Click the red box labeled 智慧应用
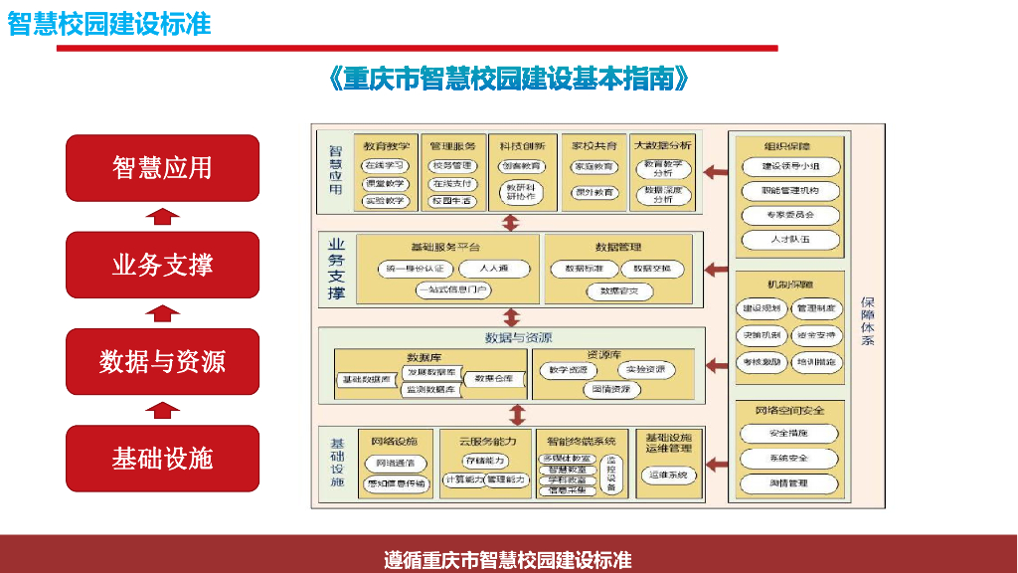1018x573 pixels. click(x=162, y=168)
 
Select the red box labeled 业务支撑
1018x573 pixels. click(x=162, y=265)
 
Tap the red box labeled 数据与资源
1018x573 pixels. click(x=162, y=361)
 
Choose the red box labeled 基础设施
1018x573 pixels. click(x=162, y=459)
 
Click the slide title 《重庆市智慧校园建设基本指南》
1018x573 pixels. click(x=508, y=80)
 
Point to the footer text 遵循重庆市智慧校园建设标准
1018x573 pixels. click(x=508, y=560)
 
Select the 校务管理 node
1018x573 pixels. click(x=452, y=166)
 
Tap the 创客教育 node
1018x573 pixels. click(x=521, y=166)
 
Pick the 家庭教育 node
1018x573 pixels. click(x=593, y=167)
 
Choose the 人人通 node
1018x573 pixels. click(x=494, y=269)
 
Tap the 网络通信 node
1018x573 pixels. click(x=395, y=464)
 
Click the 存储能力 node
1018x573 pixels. click(x=485, y=461)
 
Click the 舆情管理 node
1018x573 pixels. click(x=789, y=483)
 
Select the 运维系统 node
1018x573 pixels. click(x=668, y=476)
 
